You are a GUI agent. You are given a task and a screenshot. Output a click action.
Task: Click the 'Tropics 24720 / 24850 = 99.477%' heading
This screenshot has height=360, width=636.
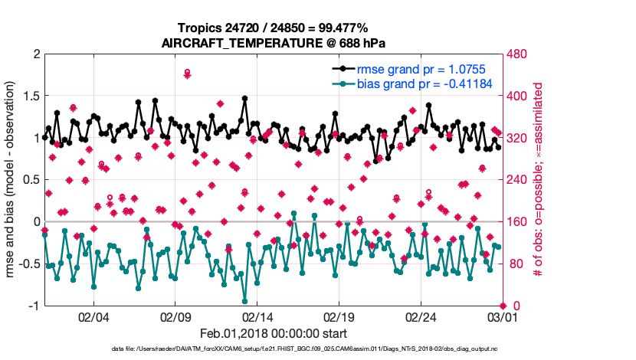(x=274, y=28)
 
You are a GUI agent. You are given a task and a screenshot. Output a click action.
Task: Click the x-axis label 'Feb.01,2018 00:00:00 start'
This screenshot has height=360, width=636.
(x=274, y=334)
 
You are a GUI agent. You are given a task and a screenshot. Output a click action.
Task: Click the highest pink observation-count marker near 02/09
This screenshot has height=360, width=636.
(x=188, y=72)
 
